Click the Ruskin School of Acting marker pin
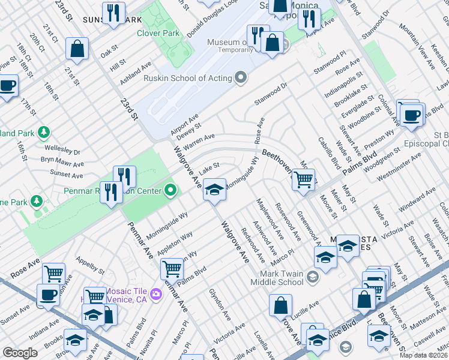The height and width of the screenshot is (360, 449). [241, 78]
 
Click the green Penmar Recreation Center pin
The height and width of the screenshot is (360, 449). [170, 191]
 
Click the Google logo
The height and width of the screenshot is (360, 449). [20, 353]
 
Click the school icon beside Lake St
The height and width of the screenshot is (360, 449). [214, 190]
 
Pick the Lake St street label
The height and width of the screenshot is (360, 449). [210, 169]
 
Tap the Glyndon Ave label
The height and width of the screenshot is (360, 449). [220, 303]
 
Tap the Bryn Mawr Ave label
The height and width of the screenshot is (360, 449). [62, 161]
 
